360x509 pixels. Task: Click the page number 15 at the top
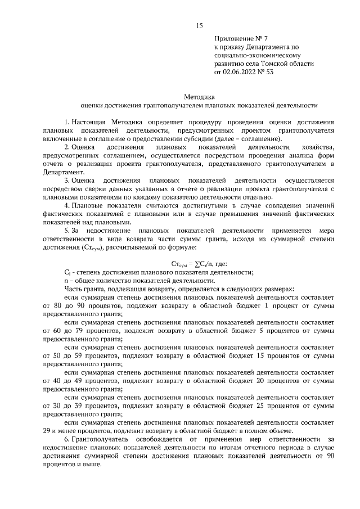point(199,25)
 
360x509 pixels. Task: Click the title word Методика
point(199,96)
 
